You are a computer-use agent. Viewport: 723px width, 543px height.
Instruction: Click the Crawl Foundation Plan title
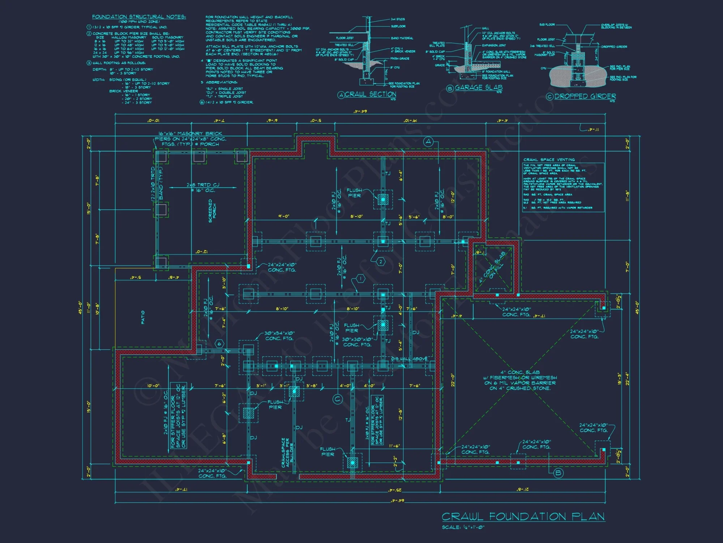point(523,516)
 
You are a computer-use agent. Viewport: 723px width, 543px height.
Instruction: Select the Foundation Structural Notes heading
point(139,17)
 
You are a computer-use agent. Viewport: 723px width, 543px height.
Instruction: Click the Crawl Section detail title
point(370,94)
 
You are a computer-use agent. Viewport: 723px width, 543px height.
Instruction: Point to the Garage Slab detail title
point(478,88)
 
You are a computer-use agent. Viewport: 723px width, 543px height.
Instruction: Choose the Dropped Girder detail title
point(585,96)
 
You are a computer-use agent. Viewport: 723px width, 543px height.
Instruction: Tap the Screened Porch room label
point(212,211)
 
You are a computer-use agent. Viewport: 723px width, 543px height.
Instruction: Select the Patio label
point(143,317)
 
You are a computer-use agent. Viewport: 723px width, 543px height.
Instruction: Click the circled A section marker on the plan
point(428,142)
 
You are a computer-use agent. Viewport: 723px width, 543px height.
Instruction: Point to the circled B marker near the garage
point(559,473)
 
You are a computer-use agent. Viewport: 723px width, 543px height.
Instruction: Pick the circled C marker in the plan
point(337,399)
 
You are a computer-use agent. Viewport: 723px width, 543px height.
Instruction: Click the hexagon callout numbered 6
point(219,344)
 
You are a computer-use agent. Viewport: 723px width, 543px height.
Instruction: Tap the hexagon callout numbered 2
point(381,262)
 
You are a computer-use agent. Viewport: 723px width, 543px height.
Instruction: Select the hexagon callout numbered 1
point(360,278)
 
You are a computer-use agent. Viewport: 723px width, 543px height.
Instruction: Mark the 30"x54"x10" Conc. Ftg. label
point(279,336)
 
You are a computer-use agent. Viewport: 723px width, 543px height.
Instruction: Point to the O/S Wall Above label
point(409,359)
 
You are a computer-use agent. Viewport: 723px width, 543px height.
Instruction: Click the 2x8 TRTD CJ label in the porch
point(203,188)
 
